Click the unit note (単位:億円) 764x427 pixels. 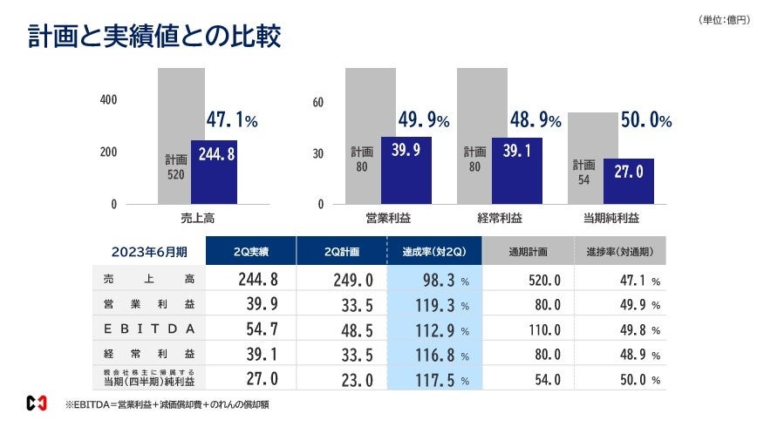pyautogui.click(x=723, y=19)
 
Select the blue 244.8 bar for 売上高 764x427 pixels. pyautogui.click(x=214, y=173)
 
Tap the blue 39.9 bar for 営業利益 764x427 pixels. pyautogui.click(x=406, y=170)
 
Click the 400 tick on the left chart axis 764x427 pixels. pyautogui.click(x=108, y=100)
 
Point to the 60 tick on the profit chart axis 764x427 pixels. pyautogui.click(x=317, y=103)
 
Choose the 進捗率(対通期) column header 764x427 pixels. pyautogui.click(x=620, y=251)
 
